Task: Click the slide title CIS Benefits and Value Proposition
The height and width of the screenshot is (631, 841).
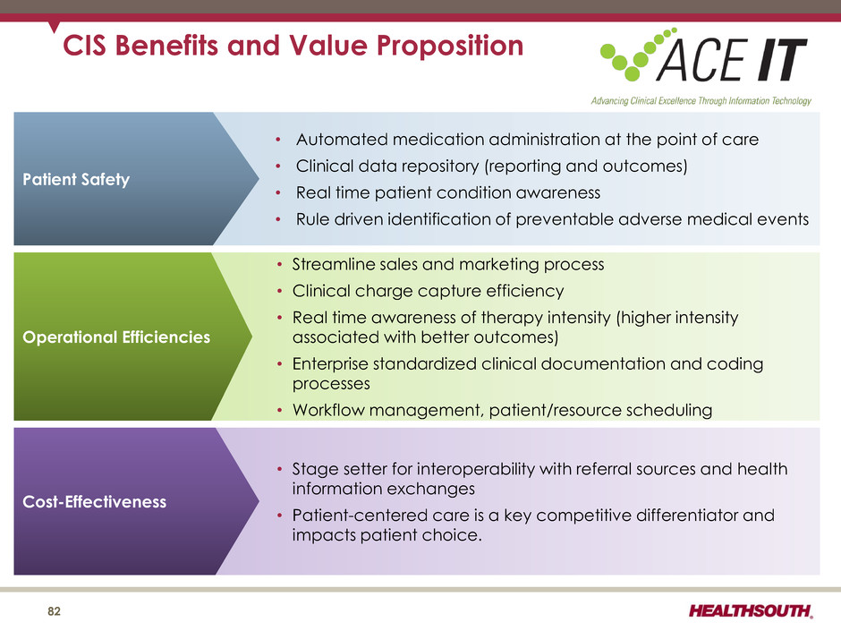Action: coord(293,45)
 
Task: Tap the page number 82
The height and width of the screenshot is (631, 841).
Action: coord(55,611)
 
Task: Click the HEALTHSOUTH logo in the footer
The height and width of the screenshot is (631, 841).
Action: coord(751,610)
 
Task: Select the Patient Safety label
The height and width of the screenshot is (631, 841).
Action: coord(76,179)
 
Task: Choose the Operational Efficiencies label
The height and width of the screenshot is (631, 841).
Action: coord(116,337)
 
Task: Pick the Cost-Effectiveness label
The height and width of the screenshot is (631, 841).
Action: coord(95,502)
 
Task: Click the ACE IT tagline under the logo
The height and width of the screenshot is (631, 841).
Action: coord(701,101)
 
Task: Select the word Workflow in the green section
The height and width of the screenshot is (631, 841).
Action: coord(328,410)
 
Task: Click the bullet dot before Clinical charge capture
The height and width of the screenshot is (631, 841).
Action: coord(279,292)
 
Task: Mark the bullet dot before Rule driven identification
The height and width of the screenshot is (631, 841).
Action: coord(278,219)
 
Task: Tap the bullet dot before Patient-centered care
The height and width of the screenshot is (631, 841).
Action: coord(279,516)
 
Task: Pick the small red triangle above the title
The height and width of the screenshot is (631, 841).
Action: coord(54,27)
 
